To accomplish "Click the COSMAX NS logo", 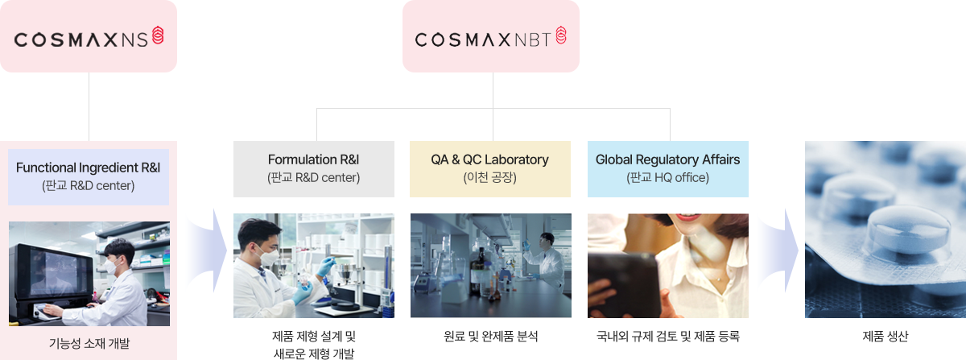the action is pos(89,37).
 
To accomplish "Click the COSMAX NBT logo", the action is pos(491,37).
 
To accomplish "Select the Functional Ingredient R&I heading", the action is pos(89,168).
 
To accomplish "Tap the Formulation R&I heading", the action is pos(313,159).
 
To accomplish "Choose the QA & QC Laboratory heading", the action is pos(490,159).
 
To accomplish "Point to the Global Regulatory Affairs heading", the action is pos(667,159).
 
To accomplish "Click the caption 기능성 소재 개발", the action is pos(89,344).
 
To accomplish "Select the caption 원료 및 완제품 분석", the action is pos(491,336).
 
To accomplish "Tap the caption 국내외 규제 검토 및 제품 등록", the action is pos(667,336).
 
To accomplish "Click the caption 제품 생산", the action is pos(885,336).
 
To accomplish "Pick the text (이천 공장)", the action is pos(490,177).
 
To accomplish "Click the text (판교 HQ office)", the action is pos(667,177).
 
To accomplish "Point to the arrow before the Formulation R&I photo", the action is pos(207,250).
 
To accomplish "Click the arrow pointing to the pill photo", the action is pos(778,250).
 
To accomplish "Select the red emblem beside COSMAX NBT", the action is pos(561,35).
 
